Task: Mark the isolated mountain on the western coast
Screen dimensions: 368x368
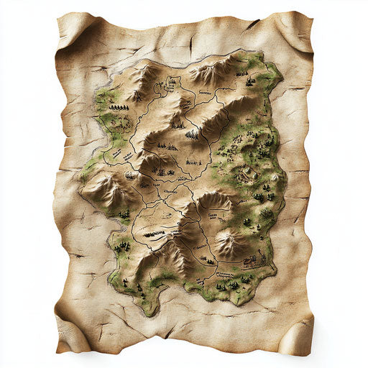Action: tap(101, 188)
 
